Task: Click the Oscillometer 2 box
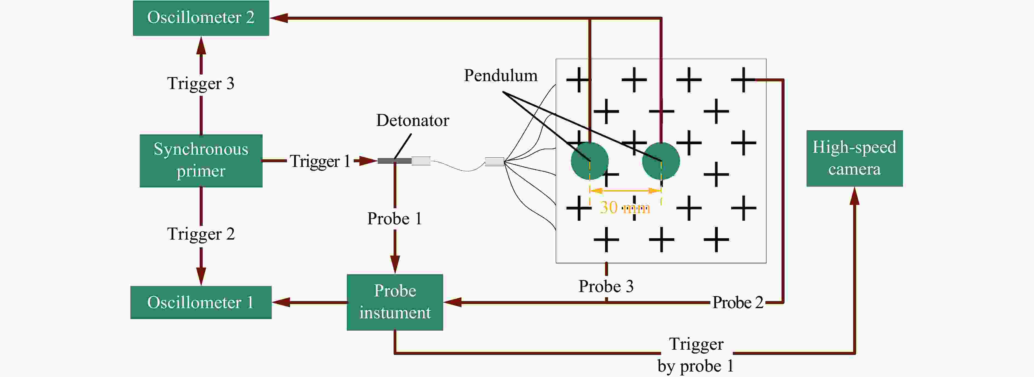[x=201, y=18]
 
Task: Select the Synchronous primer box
[x=201, y=160]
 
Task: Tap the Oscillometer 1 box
[x=201, y=302]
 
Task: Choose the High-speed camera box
[x=855, y=158]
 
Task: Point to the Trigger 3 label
[x=201, y=83]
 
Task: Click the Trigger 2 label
[x=201, y=234]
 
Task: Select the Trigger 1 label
[x=320, y=161]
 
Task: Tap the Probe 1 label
[x=394, y=219]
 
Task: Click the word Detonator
[x=413, y=120]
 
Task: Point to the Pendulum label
[x=501, y=75]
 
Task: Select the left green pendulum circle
[x=590, y=161]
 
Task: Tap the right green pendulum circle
[x=661, y=161]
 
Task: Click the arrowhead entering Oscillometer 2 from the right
[x=278, y=18]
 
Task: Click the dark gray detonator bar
[x=394, y=161]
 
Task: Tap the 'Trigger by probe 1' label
[x=696, y=355]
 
